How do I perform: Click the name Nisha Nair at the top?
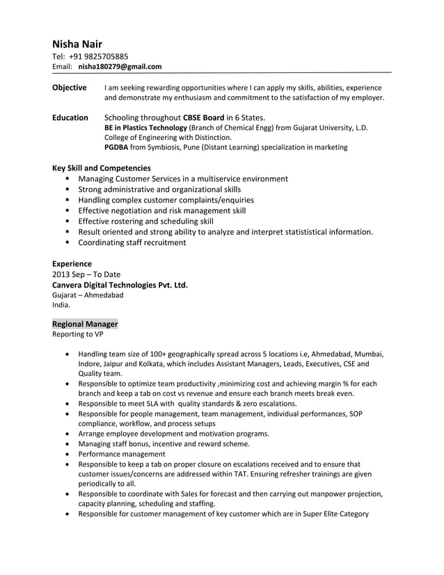tap(77, 44)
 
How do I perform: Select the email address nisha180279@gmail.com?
tap(120, 67)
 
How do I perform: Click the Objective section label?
tap(70, 88)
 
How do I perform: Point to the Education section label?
tap(70, 118)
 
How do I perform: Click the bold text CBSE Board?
tap(203, 118)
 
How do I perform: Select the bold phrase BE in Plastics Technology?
tap(145, 128)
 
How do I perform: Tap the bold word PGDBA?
tap(116, 148)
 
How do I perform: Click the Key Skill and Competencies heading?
tap(102, 168)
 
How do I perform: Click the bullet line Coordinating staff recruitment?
tap(132, 243)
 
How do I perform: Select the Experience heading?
tap(72, 264)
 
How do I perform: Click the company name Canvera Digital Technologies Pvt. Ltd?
tap(120, 285)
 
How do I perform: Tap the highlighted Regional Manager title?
tap(85, 324)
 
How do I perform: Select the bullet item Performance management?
tap(121, 453)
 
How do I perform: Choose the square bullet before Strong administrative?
tap(68, 189)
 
